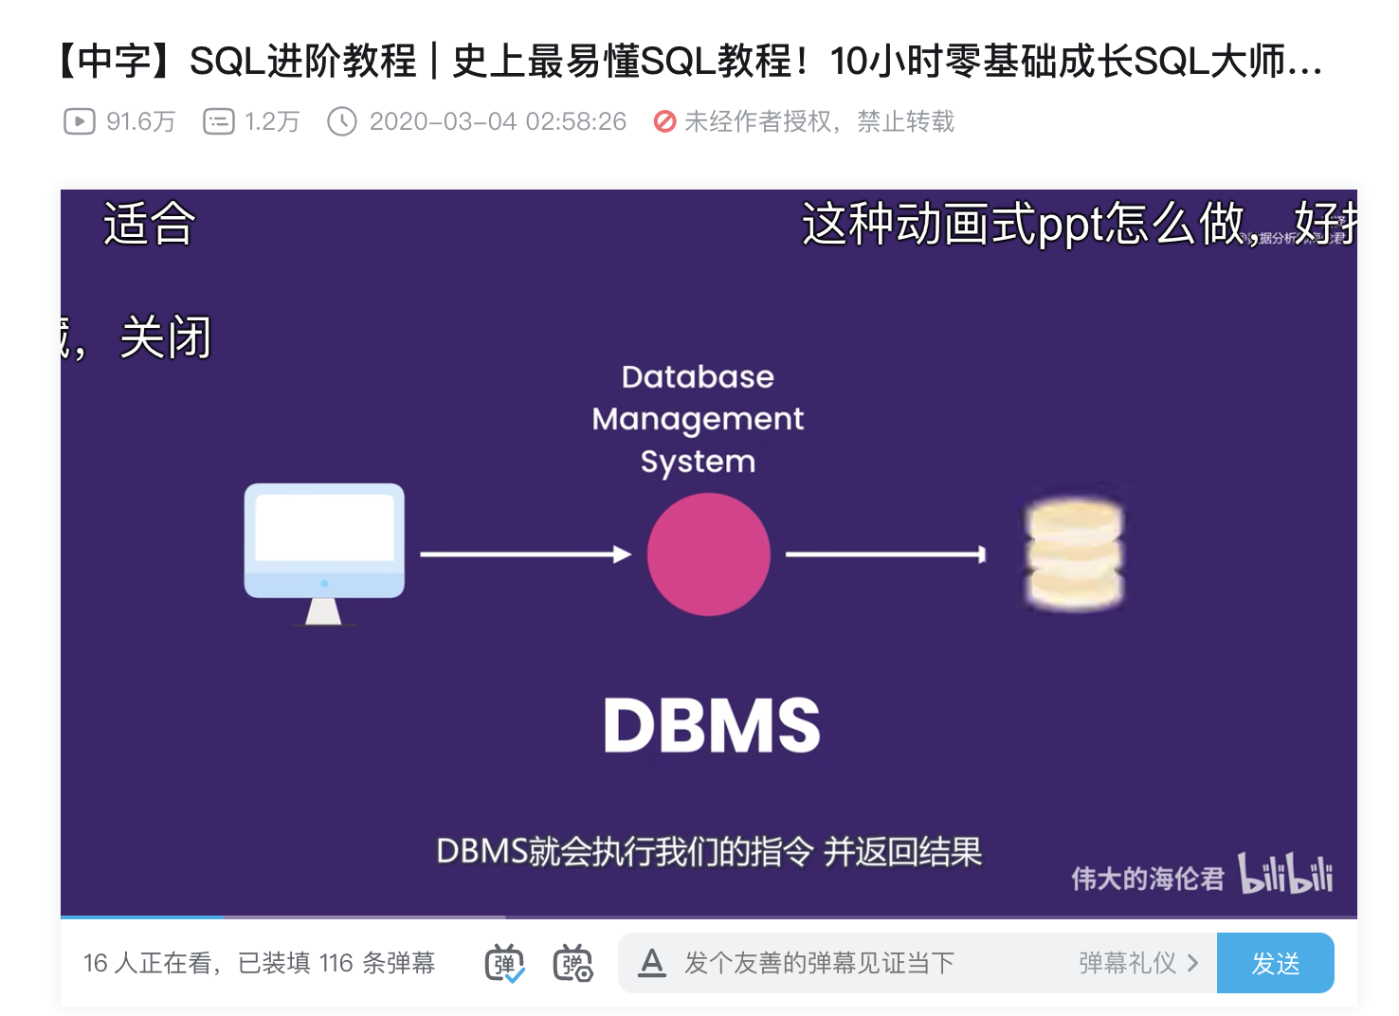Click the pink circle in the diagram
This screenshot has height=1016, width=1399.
[x=708, y=554]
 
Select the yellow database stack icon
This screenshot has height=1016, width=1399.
[x=1074, y=554]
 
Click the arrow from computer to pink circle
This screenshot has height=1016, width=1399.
[x=525, y=554]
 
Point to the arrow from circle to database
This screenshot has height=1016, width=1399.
[x=885, y=554]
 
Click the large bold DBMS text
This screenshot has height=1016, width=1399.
[x=711, y=726]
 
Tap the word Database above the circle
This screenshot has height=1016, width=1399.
[x=698, y=377]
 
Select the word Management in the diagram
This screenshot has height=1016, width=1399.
[x=698, y=419]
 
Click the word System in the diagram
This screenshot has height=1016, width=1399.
[x=698, y=463]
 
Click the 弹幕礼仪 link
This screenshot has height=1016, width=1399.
[x=1137, y=964]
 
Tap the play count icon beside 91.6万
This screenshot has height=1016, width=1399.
[x=80, y=121]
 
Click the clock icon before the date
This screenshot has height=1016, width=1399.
[x=342, y=121]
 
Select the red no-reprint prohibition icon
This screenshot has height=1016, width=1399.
[x=665, y=121]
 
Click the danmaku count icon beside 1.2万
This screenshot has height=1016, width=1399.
[x=219, y=121]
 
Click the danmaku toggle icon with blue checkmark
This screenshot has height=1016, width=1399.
[x=505, y=964]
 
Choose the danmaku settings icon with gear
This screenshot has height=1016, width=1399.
[x=572, y=964]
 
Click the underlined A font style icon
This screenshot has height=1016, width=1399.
[x=652, y=964]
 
